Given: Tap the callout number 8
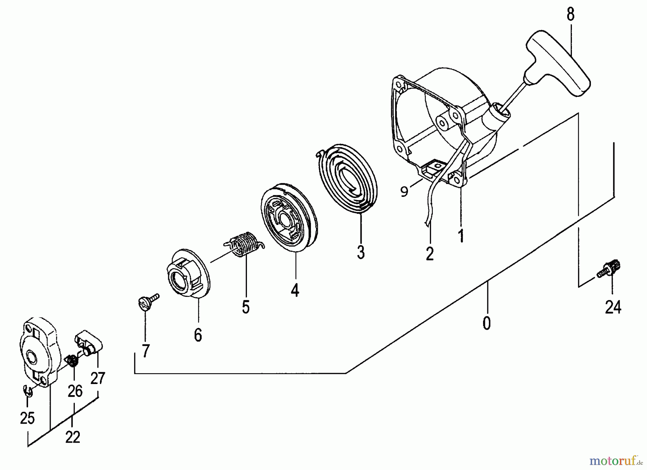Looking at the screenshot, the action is (x=570, y=15).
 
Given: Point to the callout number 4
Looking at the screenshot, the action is (x=295, y=290).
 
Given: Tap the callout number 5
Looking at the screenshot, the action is (x=246, y=307).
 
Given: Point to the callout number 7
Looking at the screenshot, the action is (x=145, y=351).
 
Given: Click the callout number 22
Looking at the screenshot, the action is (x=73, y=438).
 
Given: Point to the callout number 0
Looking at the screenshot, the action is (x=486, y=324).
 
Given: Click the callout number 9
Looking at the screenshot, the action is (x=404, y=192).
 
